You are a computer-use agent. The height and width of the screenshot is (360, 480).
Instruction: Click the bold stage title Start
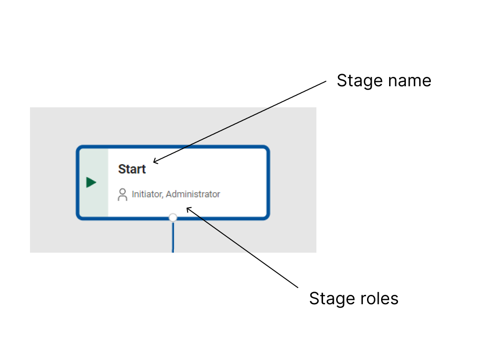132,169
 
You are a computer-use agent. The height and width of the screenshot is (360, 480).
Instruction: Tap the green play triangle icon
91,182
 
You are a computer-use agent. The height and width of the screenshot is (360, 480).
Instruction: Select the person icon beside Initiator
122,195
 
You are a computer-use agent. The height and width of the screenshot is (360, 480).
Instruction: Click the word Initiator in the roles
147,194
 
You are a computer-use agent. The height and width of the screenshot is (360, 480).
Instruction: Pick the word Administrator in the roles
193,194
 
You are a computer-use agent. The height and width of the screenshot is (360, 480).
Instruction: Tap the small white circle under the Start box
173,217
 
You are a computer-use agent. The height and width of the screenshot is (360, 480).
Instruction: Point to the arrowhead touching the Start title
155,162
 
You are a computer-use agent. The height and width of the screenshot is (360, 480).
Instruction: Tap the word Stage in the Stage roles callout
331,298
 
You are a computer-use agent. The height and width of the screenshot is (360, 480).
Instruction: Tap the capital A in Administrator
169,194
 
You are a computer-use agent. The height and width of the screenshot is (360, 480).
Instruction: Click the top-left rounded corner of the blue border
80,149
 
